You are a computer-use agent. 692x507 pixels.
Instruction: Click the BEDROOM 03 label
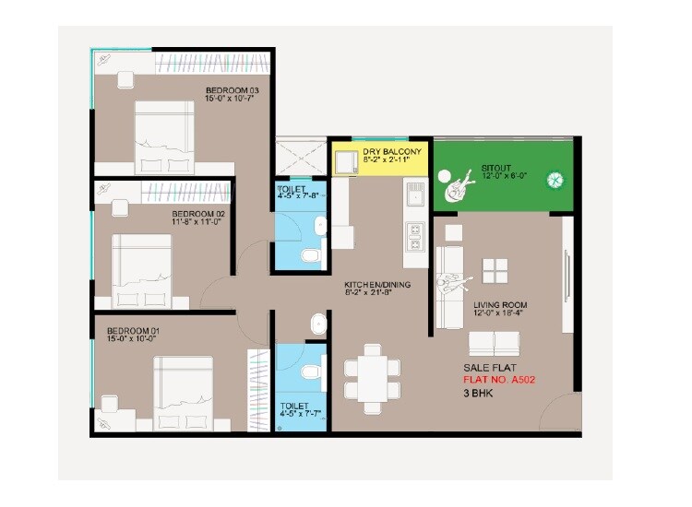point(232,90)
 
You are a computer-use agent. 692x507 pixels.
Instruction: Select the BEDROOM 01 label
point(134,330)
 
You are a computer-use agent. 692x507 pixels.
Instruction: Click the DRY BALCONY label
point(392,151)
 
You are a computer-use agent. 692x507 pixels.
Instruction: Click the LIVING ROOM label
point(501,304)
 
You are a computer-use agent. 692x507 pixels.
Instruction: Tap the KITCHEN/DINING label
point(377,284)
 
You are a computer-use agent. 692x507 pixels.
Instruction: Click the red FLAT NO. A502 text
point(498,379)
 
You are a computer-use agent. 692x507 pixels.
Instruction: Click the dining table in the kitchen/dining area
point(372,378)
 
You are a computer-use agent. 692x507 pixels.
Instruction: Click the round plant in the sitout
point(556,180)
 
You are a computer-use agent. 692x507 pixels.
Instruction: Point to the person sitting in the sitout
point(455,189)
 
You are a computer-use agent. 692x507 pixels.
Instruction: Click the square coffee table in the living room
point(495,270)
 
